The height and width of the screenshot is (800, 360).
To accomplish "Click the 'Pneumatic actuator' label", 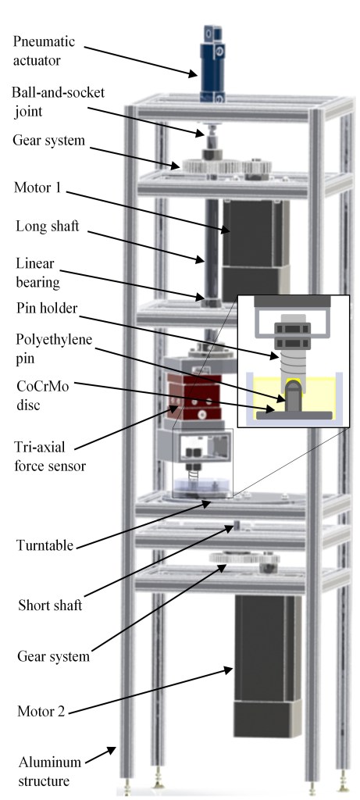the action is pyautogui.click(x=44, y=51).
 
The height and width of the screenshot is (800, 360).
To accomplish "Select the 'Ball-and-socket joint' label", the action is pyautogui.click(x=58, y=101).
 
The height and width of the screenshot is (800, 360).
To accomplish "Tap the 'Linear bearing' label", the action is pyautogui.click(x=37, y=273).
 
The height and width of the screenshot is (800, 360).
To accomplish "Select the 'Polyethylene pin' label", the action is pyautogui.click(x=54, y=348).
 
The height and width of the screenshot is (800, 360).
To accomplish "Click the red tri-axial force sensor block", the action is pyautogui.click(x=194, y=397).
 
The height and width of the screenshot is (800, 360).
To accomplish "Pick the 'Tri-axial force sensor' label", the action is pyautogui.click(x=49, y=456).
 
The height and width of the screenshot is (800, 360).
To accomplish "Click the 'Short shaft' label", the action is pyautogui.click(x=50, y=605).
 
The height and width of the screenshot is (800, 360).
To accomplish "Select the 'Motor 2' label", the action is pyautogui.click(x=41, y=711).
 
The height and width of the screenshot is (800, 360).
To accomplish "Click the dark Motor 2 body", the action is pyautogui.click(x=267, y=666).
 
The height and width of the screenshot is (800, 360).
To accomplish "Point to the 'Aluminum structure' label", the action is pyautogui.click(x=50, y=771).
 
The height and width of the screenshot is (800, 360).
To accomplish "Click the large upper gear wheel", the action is pyautogui.click(x=211, y=166).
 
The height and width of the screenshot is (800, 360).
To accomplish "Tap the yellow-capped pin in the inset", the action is pyautogui.click(x=293, y=396).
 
